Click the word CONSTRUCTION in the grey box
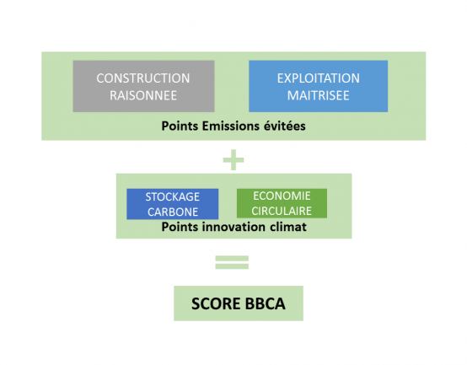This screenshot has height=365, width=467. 143,78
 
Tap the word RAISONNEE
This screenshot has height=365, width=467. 143,95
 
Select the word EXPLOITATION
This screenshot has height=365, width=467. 319,78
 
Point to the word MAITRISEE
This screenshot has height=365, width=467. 318,95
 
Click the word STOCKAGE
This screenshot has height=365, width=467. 173,196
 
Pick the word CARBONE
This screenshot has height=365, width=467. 173,212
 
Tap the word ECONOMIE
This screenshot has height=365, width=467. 282,196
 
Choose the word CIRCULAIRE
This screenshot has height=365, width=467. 282,211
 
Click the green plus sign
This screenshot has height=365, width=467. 233,160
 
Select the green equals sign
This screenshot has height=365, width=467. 232,262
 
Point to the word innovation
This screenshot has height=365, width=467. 233,227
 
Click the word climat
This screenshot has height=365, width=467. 288,227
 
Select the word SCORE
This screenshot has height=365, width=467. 216,303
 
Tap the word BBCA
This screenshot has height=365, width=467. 266,303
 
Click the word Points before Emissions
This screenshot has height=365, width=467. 180,126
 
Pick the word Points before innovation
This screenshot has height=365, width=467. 180,227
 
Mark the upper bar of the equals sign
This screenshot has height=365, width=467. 232,258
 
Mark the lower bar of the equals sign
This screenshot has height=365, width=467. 232,266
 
